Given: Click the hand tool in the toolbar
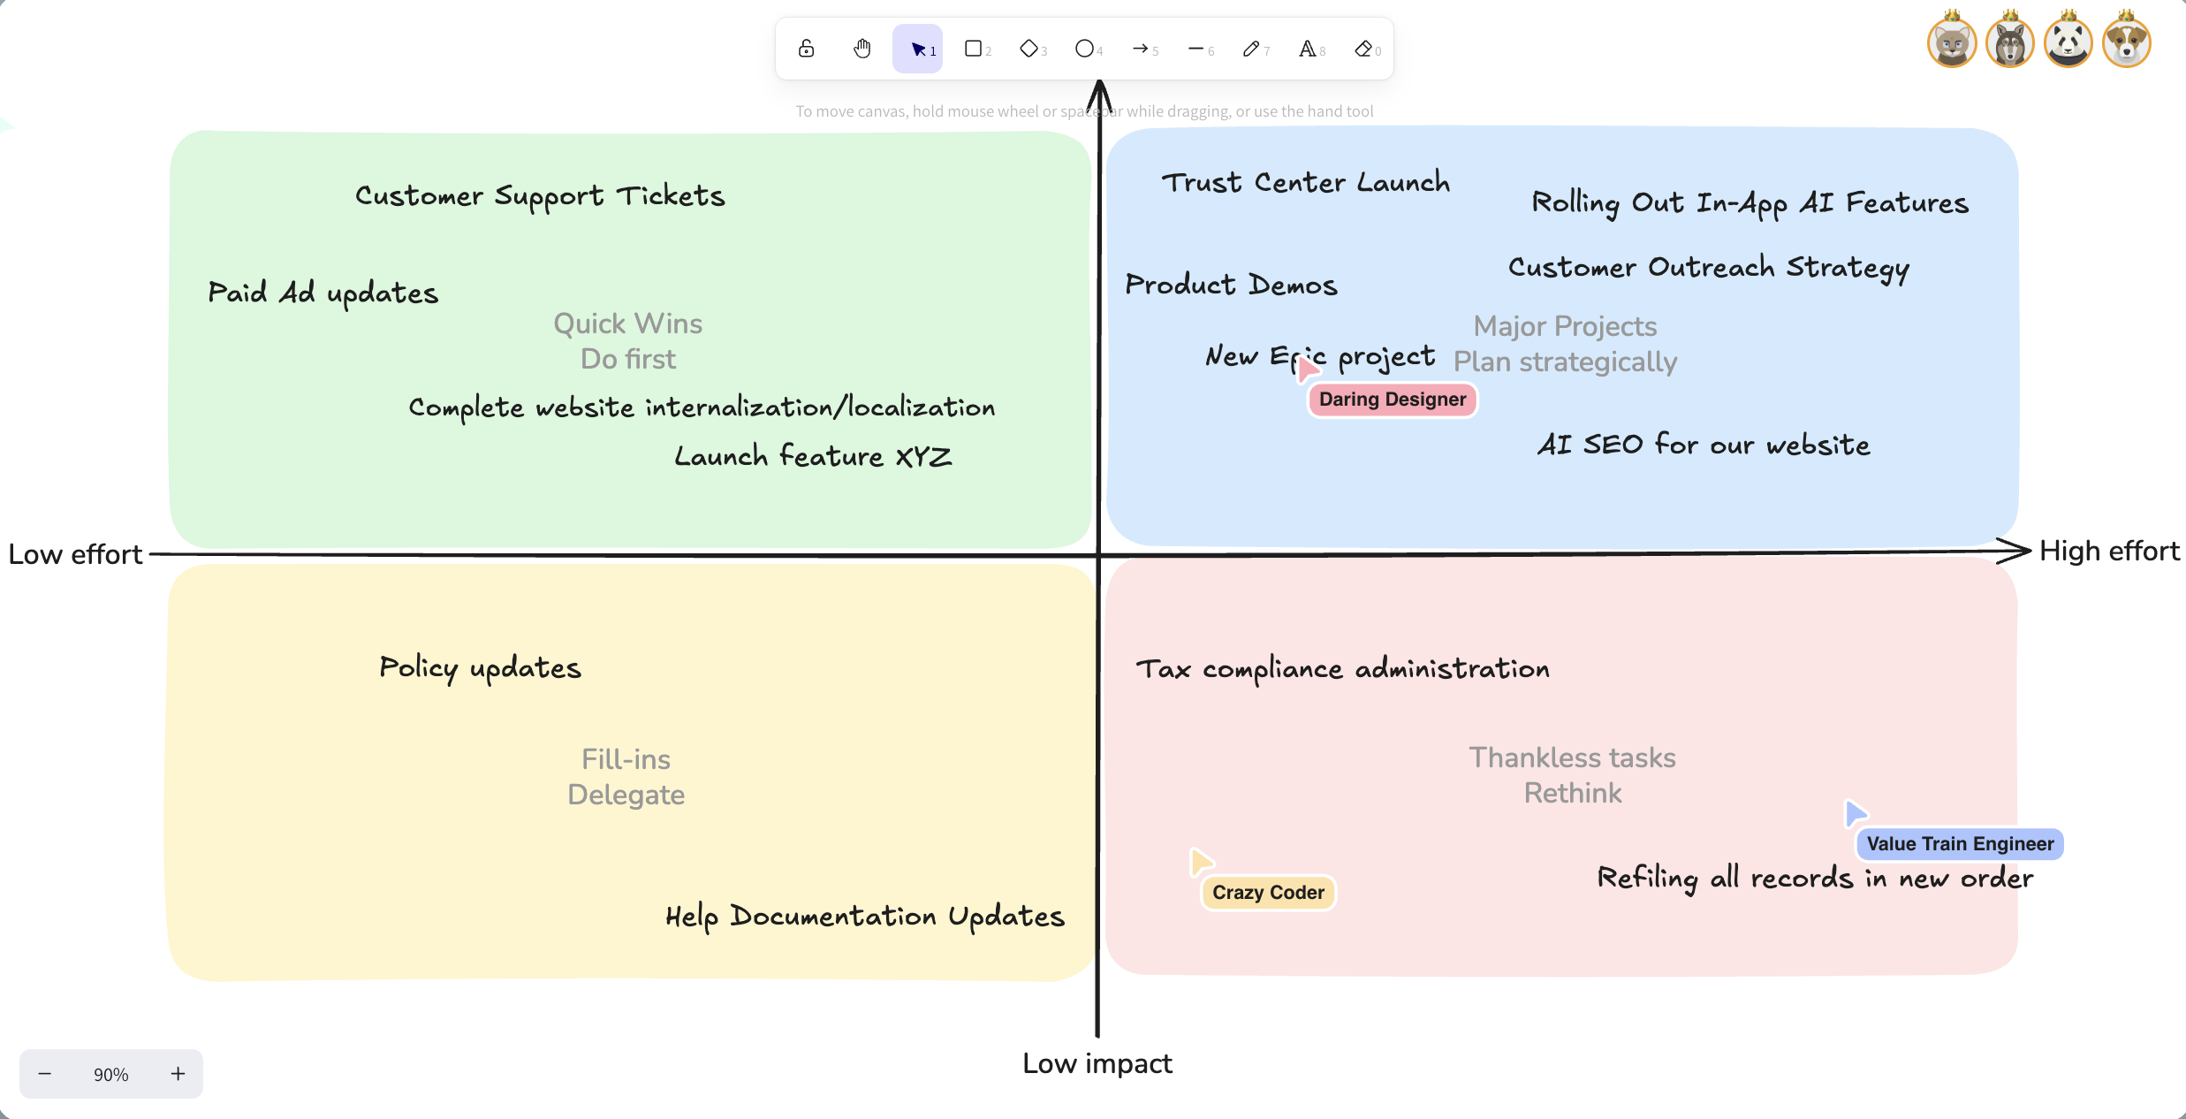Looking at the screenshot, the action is pyautogui.click(x=862, y=49).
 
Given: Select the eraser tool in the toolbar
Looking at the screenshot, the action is pyautogui.click(x=1364, y=49).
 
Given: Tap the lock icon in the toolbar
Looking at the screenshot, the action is pyautogui.click(x=806, y=49).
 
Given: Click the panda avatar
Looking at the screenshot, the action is pyautogui.click(x=2068, y=41).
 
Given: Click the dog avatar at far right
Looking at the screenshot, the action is pyautogui.click(x=2127, y=41).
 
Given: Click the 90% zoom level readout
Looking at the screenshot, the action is pyautogui.click(x=111, y=1074).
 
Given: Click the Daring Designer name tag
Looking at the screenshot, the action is pyautogui.click(x=1393, y=400).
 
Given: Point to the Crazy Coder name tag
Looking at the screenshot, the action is pyautogui.click(x=1268, y=893).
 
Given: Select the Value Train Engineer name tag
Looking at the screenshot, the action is pyautogui.click(x=1960, y=844).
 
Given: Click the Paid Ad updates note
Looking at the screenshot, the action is pyautogui.click(x=323, y=293).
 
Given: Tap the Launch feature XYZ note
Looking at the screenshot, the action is pyautogui.click(x=813, y=456).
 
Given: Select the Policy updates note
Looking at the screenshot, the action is pyautogui.click(x=481, y=668).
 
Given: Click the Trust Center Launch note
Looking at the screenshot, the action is pyautogui.click(x=1306, y=182).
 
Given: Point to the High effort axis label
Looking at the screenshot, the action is pyautogui.click(x=2109, y=551).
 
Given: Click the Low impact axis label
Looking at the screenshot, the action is pyautogui.click(x=1097, y=1063).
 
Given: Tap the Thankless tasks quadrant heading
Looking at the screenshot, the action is pyautogui.click(x=1573, y=757).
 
